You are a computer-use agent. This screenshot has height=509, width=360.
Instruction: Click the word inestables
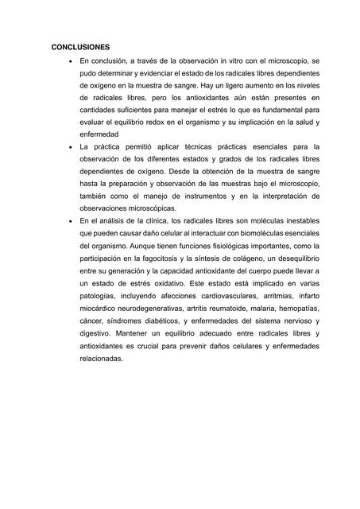click(x=296, y=220)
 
